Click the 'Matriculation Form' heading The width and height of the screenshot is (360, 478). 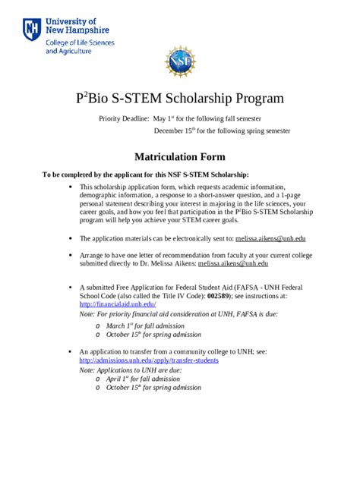(x=180, y=157)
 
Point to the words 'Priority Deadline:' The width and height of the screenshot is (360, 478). (x=125, y=119)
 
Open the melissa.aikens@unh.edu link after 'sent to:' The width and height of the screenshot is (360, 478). (x=270, y=237)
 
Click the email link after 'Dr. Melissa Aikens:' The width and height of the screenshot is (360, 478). (x=232, y=263)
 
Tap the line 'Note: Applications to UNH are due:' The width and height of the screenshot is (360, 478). (x=131, y=370)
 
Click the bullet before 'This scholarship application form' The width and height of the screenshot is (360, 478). (x=70, y=185)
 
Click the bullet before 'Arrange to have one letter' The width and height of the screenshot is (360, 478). (x=70, y=256)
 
